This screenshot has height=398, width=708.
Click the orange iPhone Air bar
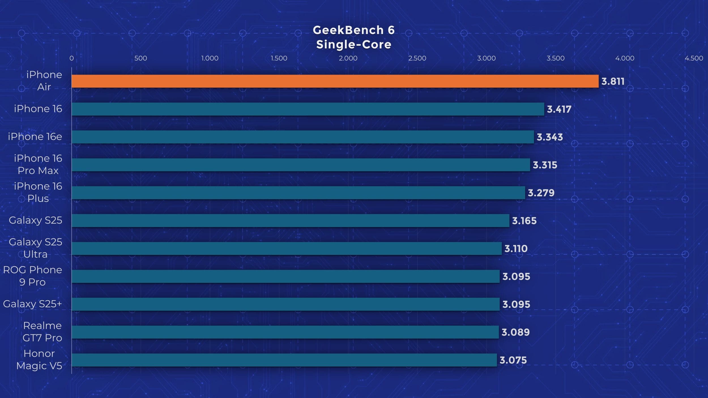click(x=335, y=81)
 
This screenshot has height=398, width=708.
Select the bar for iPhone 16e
click(x=302, y=137)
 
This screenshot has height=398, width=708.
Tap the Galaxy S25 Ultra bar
click(x=286, y=249)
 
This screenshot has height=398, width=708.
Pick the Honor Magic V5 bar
click(x=284, y=360)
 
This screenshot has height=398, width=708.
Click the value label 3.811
click(x=613, y=82)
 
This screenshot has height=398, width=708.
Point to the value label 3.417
click(x=559, y=109)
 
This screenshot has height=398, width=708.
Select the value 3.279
click(x=541, y=193)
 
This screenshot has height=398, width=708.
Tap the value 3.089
click(x=515, y=332)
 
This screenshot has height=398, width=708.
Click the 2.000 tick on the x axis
click(x=348, y=58)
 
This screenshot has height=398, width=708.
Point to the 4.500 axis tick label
click(x=694, y=58)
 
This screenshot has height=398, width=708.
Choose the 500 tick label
click(x=140, y=58)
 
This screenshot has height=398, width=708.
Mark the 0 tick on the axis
click(x=72, y=58)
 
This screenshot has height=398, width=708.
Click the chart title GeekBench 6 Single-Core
click(x=354, y=37)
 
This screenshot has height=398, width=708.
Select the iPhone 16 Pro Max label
click(x=38, y=164)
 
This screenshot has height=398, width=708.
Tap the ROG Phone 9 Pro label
click(x=33, y=276)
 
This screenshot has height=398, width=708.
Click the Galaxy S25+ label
click(x=32, y=304)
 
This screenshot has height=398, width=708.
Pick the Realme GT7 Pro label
click(x=42, y=332)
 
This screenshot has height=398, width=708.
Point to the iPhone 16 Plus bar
click(x=298, y=193)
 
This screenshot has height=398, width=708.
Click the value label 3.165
click(x=524, y=221)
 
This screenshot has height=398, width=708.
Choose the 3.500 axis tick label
click(x=555, y=58)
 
